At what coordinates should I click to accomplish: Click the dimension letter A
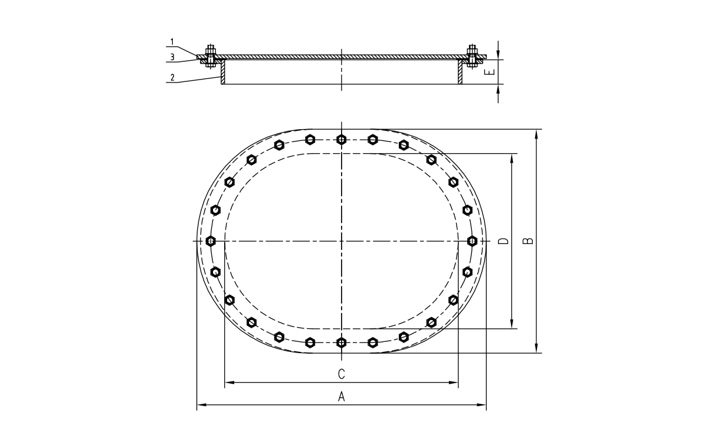tap(341, 397)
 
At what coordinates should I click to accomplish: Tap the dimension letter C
tap(341, 374)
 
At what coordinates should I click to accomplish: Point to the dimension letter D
tap(503, 241)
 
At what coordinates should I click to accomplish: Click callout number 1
tap(172, 42)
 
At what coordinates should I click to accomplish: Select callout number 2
tap(172, 77)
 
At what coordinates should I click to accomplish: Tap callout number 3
tap(172, 57)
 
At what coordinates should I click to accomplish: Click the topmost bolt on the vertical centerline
tap(341, 140)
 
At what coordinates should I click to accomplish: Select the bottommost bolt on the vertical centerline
tap(341, 342)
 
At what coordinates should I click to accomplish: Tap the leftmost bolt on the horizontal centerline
tap(211, 241)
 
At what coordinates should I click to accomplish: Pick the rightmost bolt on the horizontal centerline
tap(472, 241)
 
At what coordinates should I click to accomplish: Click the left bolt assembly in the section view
tap(211, 57)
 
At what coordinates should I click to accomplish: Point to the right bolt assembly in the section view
tap(472, 57)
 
